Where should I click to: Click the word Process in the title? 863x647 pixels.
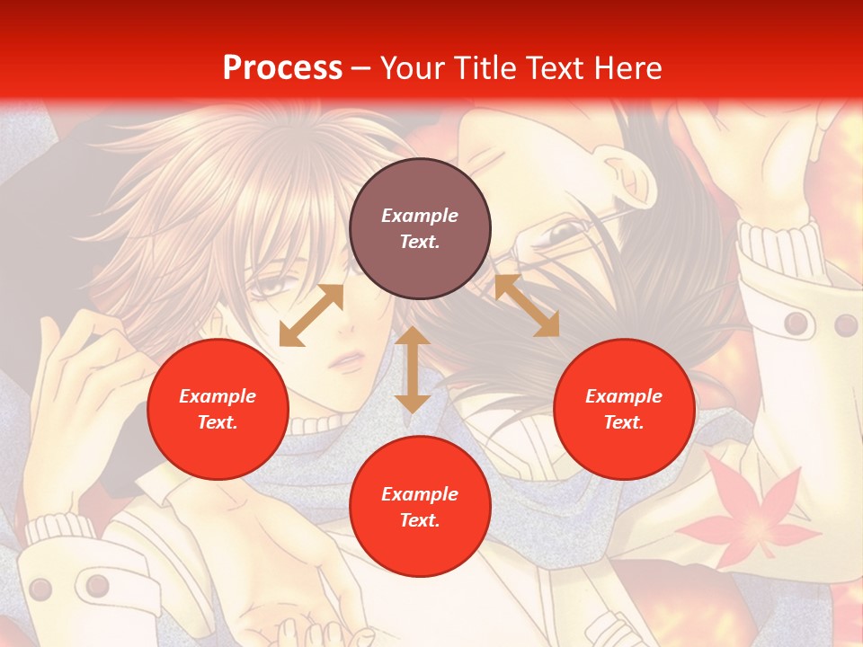(x=282, y=68)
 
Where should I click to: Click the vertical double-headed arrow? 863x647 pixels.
(x=413, y=369)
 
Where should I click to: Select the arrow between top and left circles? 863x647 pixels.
(x=311, y=315)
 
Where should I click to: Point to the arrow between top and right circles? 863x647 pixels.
(x=527, y=306)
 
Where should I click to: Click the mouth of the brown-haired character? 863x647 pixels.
(x=347, y=362)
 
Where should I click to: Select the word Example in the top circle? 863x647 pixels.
(x=420, y=216)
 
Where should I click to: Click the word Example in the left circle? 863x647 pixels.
(x=218, y=396)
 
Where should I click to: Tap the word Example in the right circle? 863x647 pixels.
(x=624, y=396)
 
